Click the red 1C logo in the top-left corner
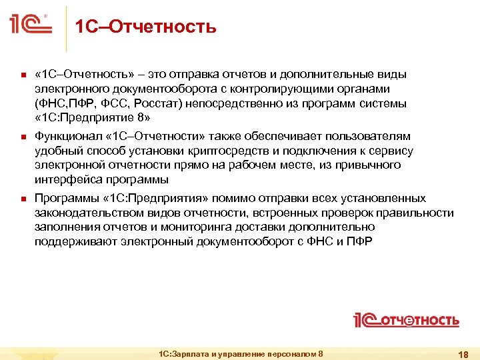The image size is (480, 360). click(x=31, y=25)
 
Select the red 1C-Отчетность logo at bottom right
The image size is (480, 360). click(x=406, y=320)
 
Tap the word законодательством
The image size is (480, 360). click(x=87, y=213)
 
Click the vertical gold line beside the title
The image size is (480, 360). click(x=65, y=28)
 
